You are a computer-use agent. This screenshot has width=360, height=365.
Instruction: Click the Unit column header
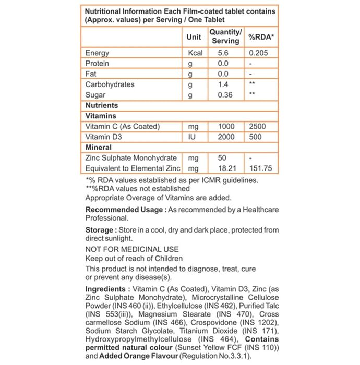(x=194, y=37)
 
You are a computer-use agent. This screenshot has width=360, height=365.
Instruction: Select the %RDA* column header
(x=261, y=37)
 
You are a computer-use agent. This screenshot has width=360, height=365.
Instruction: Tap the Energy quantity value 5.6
(x=223, y=53)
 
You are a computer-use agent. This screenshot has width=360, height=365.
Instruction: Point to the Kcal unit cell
(x=195, y=53)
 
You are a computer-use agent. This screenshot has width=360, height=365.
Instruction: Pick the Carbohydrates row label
(x=110, y=84)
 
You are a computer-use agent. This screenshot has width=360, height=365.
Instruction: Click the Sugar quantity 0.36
(x=224, y=95)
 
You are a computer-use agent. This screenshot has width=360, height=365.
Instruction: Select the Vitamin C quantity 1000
(x=224, y=126)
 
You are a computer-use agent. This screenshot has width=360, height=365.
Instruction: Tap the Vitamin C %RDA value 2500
(x=258, y=126)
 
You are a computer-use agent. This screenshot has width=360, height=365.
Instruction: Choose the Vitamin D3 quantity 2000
(x=224, y=137)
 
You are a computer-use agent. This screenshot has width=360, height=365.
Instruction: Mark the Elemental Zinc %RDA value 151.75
(x=261, y=168)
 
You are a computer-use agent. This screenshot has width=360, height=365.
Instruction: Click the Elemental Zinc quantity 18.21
(x=223, y=168)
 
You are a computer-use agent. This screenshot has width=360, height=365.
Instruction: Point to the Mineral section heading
(x=99, y=148)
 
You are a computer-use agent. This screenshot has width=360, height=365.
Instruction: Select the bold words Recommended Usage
(x=124, y=209)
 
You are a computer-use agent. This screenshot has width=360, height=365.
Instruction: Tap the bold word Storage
(x=99, y=230)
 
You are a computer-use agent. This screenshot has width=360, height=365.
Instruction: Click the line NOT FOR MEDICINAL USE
(x=132, y=249)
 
